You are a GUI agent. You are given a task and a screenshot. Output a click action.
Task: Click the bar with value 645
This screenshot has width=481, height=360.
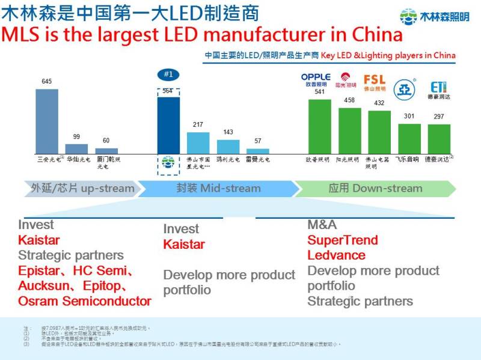pyautogui.click(x=47, y=121)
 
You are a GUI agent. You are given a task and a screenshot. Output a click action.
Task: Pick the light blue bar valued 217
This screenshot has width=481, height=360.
pyautogui.click(x=198, y=143)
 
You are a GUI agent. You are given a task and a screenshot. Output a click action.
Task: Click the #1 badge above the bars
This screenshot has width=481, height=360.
pyautogui.click(x=168, y=75)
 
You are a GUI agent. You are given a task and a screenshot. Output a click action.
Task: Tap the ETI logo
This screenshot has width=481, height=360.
pyautogui.click(x=438, y=87)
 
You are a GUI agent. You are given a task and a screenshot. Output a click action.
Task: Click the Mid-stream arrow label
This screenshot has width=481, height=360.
pyautogui.click(x=218, y=188)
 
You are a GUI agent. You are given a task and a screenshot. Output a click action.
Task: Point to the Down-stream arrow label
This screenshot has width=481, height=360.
pyautogui.click(x=375, y=188)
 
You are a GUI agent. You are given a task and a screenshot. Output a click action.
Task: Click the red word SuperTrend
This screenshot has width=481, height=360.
pyautogui.click(x=343, y=240)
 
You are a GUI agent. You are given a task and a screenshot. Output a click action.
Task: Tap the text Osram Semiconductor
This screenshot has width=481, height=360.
pyautogui.click(x=84, y=301)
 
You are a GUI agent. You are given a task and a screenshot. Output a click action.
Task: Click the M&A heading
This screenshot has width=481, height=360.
pyautogui.click(x=322, y=225)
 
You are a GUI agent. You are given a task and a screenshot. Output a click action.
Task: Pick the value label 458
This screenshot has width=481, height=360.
pyautogui.click(x=349, y=100)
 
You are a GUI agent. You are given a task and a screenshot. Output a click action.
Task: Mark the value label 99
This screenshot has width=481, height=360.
pyautogui.click(x=76, y=137)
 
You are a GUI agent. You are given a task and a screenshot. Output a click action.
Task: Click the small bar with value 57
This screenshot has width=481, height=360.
pyautogui.click(x=258, y=151)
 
